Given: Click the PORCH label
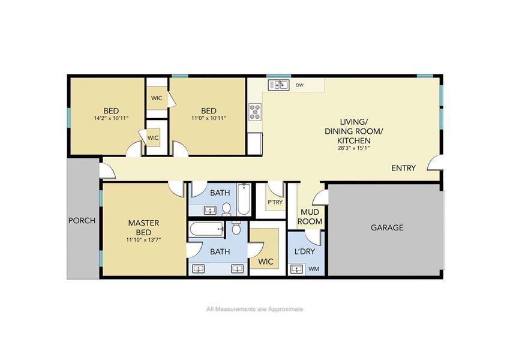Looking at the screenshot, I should (82, 220).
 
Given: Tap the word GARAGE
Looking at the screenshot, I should (386, 227).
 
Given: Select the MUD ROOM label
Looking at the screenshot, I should (310, 217).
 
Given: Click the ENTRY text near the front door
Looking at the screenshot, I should (403, 168).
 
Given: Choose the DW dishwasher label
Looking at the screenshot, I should (299, 85).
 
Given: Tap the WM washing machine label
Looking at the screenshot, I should (313, 269).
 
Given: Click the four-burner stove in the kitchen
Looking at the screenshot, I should (256, 111).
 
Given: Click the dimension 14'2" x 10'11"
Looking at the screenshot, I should (110, 118).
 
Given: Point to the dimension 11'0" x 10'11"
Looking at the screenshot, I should (208, 118).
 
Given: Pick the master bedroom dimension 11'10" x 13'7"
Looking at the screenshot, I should (143, 239).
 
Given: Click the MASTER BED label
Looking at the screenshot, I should (143, 227).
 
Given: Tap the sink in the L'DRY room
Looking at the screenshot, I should (296, 269).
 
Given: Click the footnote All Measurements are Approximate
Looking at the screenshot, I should (254, 309).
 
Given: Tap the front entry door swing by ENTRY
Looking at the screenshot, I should (437, 163).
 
